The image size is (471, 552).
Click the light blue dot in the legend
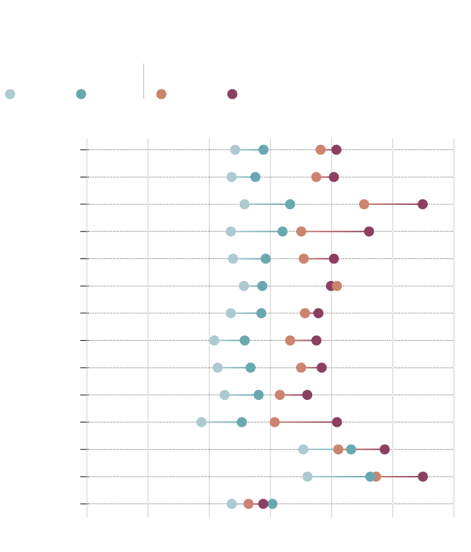click(x=10, y=94)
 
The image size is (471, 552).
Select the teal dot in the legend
click(x=81, y=94)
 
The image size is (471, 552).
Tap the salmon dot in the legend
click(x=161, y=94)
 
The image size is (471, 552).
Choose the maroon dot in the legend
click(x=232, y=94)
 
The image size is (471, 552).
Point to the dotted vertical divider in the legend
click(x=143, y=80)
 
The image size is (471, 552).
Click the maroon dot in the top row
click(x=336, y=149)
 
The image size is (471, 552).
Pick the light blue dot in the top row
click(x=235, y=149)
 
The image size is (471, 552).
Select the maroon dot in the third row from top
click(x=422, y=204)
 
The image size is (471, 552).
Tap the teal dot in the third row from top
click(x=290, y=204)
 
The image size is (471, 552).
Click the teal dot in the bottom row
click(x=273, y=503)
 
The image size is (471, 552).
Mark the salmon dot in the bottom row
click(x=248, y=503)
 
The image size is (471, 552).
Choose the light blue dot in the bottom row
click(x=232, y=503)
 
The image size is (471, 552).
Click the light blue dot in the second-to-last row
click(x=307, y=477)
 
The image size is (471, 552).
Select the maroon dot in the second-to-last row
click(x=422, y=477)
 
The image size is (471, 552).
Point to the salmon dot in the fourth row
click(x=301, y=232)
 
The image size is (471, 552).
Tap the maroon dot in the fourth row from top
click(x=369, y=232)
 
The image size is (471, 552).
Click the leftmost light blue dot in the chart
click(x=201, y=422)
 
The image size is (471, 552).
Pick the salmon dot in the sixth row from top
click(x=337, y=286)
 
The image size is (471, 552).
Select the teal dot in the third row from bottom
click(x=351, y=449)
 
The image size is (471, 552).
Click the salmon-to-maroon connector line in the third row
click(x=394, y=204)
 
